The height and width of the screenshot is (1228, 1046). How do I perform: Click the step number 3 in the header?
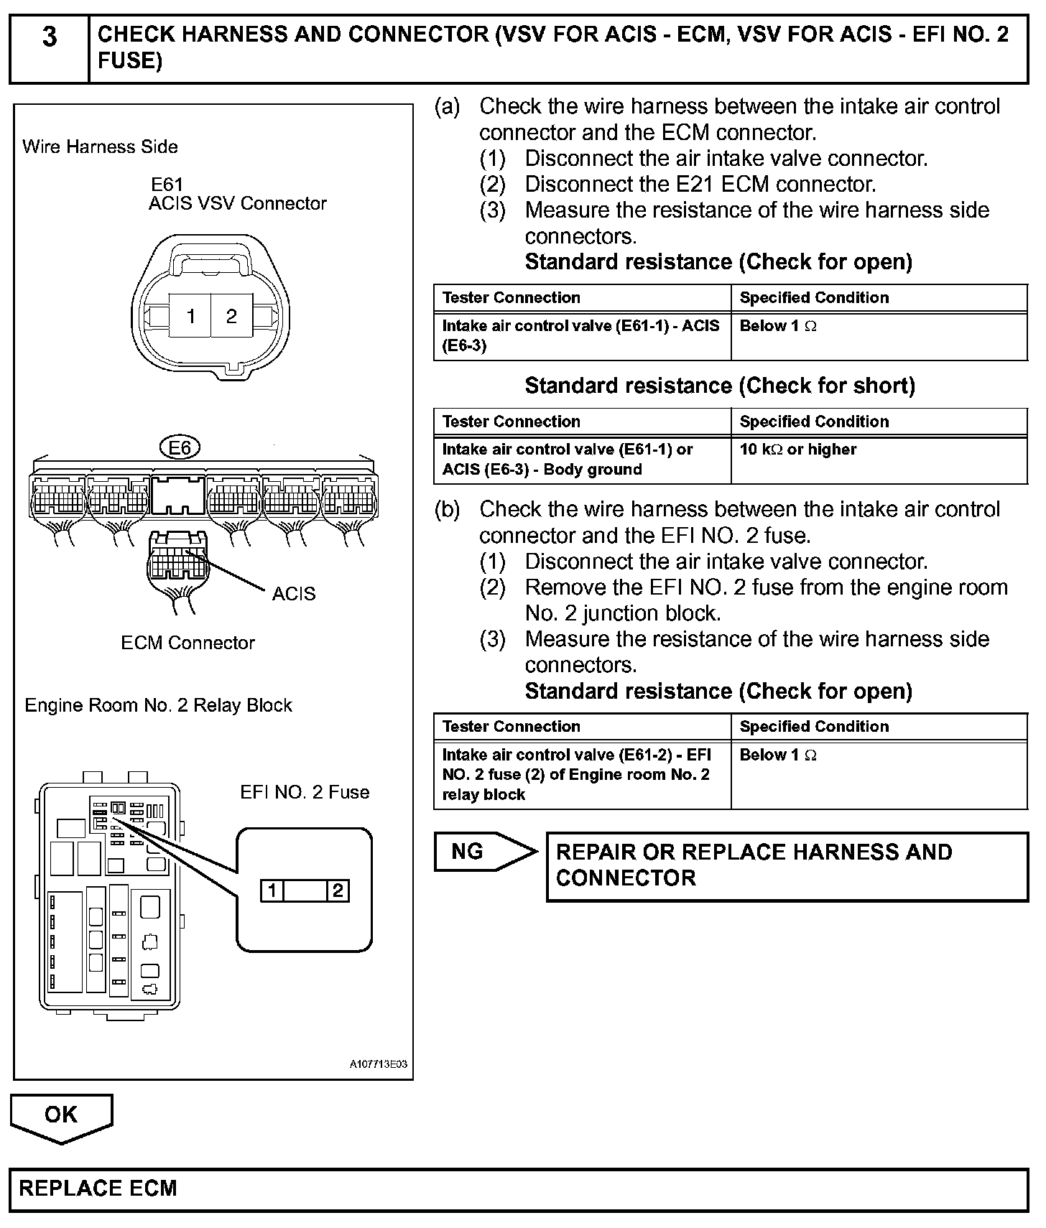(x=49, y=37)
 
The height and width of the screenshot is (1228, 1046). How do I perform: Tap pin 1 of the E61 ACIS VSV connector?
(x=190, y=316)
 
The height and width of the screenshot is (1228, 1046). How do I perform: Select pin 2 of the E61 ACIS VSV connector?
(x=231, y=316)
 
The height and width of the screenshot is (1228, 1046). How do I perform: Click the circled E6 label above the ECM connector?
(x=180, y=448)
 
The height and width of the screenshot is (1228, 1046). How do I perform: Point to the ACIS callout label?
(x=294, y=594)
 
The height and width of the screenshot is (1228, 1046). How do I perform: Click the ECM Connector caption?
(x=188, y=643)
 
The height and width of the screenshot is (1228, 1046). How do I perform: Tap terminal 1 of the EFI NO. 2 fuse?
(x=272, y=891)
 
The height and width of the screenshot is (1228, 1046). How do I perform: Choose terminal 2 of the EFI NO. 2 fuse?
(x=338, y=891)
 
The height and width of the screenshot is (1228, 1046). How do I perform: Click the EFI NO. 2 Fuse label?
(x=305, y=792)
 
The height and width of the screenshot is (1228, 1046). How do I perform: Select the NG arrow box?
(x=483, y=852)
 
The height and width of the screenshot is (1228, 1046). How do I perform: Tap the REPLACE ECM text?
(x=98, y=1188)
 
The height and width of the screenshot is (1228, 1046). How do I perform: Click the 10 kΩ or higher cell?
(x=798, y=450)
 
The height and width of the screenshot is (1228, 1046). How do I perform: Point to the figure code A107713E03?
(x=379, y=1064)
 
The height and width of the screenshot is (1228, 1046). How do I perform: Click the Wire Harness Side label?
(x=100, y=147)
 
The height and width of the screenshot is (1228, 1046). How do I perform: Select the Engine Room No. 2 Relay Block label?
(x=158, y=705)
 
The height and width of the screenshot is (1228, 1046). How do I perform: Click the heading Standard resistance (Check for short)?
(x=720, y=386)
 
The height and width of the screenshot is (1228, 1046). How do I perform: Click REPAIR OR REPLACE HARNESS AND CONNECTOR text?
(x=754, y=865)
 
